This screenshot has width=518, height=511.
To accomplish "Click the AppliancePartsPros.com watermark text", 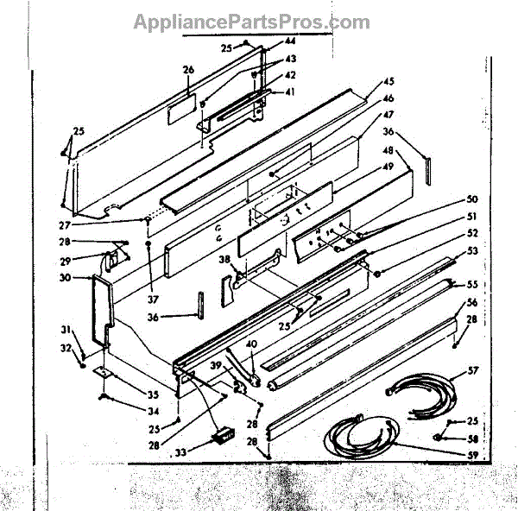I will tap(251, 22).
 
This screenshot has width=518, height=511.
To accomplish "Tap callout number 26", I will tap(189, 71).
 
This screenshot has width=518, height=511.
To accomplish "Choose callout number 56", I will tap(471, 303).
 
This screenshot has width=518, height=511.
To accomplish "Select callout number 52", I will tap(471, 232).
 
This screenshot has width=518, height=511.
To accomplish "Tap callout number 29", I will tap(65, 260).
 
